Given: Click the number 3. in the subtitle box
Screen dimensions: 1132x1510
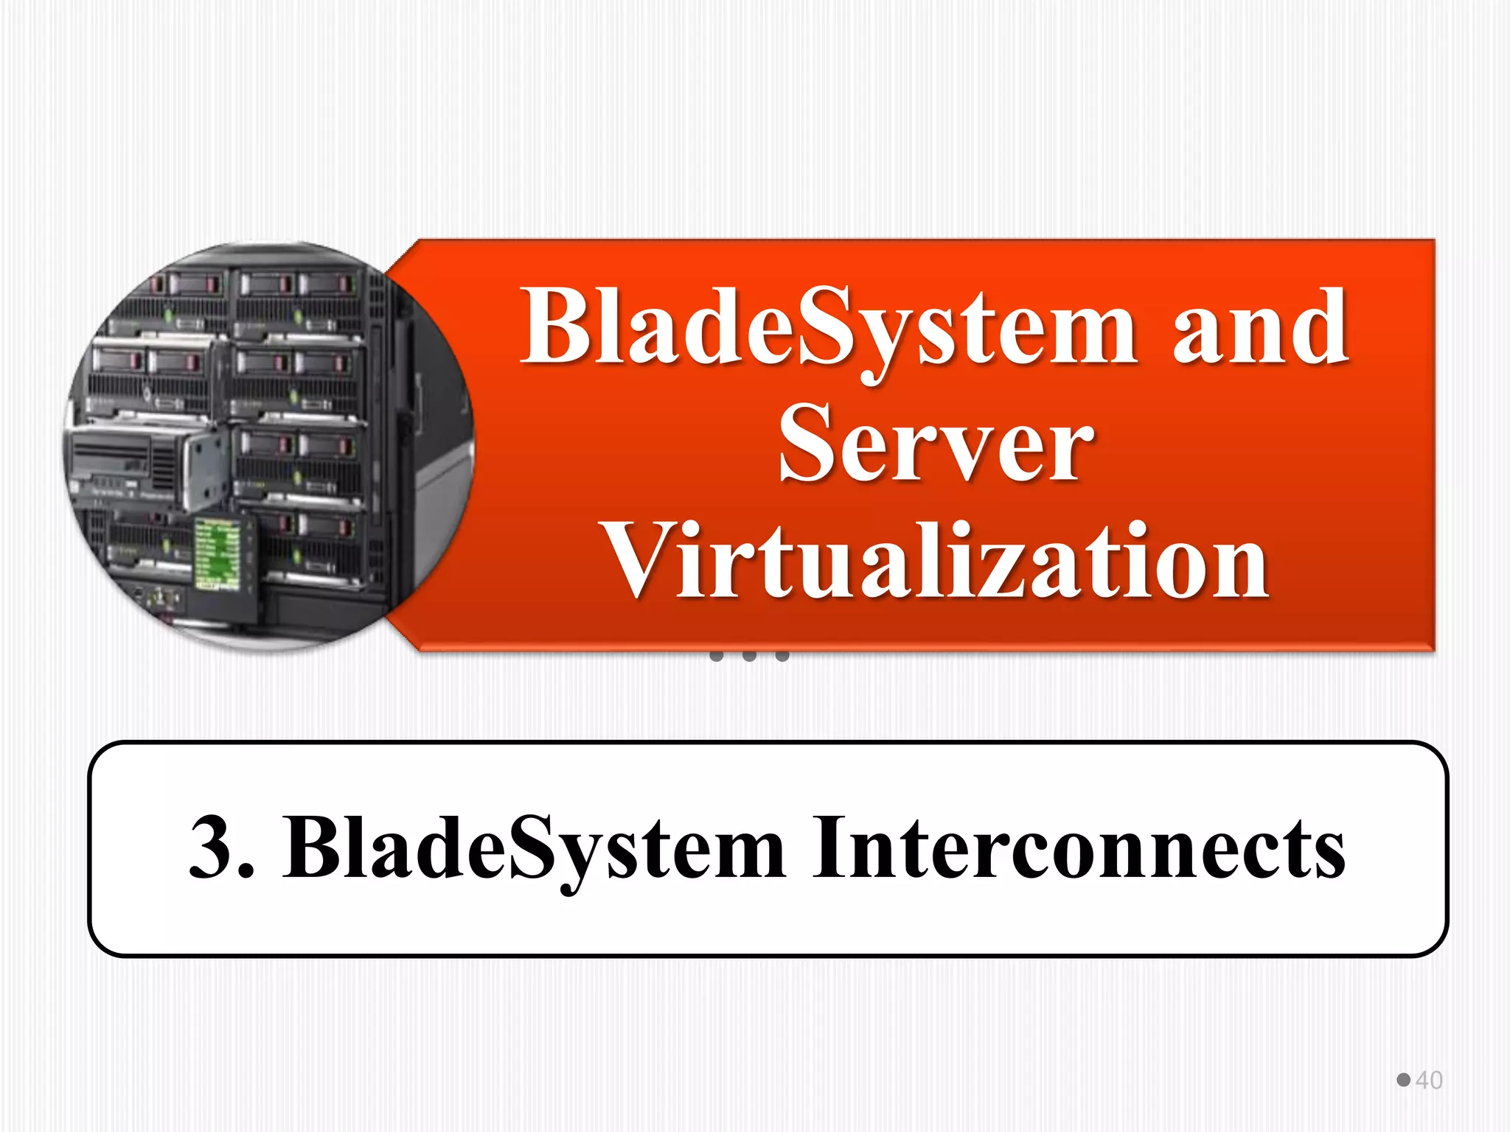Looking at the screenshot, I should pos(221,848).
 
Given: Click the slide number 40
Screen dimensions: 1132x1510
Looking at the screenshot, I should pos(1429,1080).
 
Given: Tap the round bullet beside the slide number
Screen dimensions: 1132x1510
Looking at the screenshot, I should pos(1403,1080).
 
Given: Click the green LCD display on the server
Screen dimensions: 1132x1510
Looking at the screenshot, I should pos(217,553).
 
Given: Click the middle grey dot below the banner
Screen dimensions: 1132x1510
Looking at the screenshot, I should pos(749,655).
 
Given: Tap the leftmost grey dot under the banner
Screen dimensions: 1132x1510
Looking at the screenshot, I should pos(716,655).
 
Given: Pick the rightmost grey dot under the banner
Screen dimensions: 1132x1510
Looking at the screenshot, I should pos(782,655).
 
